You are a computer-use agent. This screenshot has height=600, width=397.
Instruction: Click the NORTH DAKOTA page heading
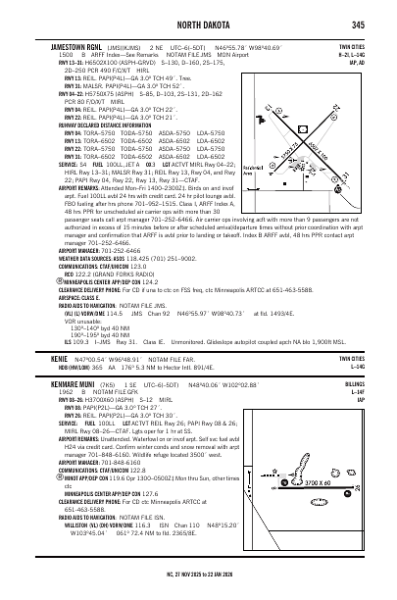pyautogui.click(x=199, y=25)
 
